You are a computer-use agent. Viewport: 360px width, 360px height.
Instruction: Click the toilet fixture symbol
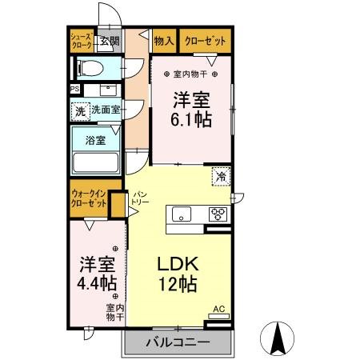coord(90,69)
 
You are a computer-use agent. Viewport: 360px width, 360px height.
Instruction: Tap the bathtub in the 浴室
coord(96,162)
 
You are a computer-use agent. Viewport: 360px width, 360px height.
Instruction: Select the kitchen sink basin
coord(182,214)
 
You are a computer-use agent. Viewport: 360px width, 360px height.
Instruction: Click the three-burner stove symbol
coord(218,214)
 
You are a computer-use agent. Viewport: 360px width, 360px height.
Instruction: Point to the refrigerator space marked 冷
coord(221,176)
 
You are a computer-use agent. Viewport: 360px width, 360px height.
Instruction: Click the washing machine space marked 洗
coord(81,111)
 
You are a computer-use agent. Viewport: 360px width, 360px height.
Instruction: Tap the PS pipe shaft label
coord(75,89)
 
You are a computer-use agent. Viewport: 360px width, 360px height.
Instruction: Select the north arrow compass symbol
coord(277,338)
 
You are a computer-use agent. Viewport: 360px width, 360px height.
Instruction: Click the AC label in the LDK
coord(218,309)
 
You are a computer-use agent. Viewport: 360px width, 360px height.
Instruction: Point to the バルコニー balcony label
coord(178,342)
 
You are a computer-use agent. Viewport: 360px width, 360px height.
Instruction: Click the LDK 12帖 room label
coord(178,274)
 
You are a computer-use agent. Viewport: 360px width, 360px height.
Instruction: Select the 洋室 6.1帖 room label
coord(191,110)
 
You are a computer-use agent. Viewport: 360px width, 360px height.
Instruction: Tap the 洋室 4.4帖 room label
coord(97,274)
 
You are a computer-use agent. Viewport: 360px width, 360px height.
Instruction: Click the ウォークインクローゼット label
coord(89,198)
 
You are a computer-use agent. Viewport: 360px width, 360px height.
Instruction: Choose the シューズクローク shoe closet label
coord(82,41)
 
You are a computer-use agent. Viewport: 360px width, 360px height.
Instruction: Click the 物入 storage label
coord(164,41)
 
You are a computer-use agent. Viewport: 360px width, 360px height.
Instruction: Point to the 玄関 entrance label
coord(110,41)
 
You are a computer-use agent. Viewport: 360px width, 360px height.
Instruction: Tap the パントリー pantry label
coord(139,198)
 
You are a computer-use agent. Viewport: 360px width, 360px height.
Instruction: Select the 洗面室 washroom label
coord(106,110)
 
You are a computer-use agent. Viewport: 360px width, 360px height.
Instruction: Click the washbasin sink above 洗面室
coord(108,90)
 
